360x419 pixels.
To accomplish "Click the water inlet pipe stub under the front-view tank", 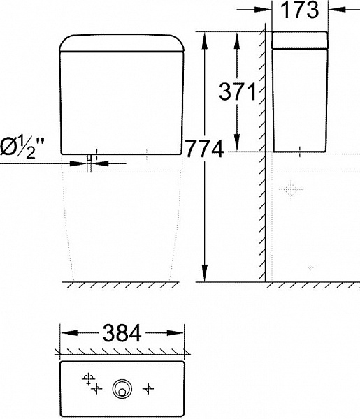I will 90,163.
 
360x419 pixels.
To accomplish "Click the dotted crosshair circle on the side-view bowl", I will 290,189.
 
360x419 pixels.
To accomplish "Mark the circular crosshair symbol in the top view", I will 88,378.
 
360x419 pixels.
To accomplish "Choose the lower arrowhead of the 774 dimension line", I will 205,277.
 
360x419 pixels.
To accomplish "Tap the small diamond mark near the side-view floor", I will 311,266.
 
